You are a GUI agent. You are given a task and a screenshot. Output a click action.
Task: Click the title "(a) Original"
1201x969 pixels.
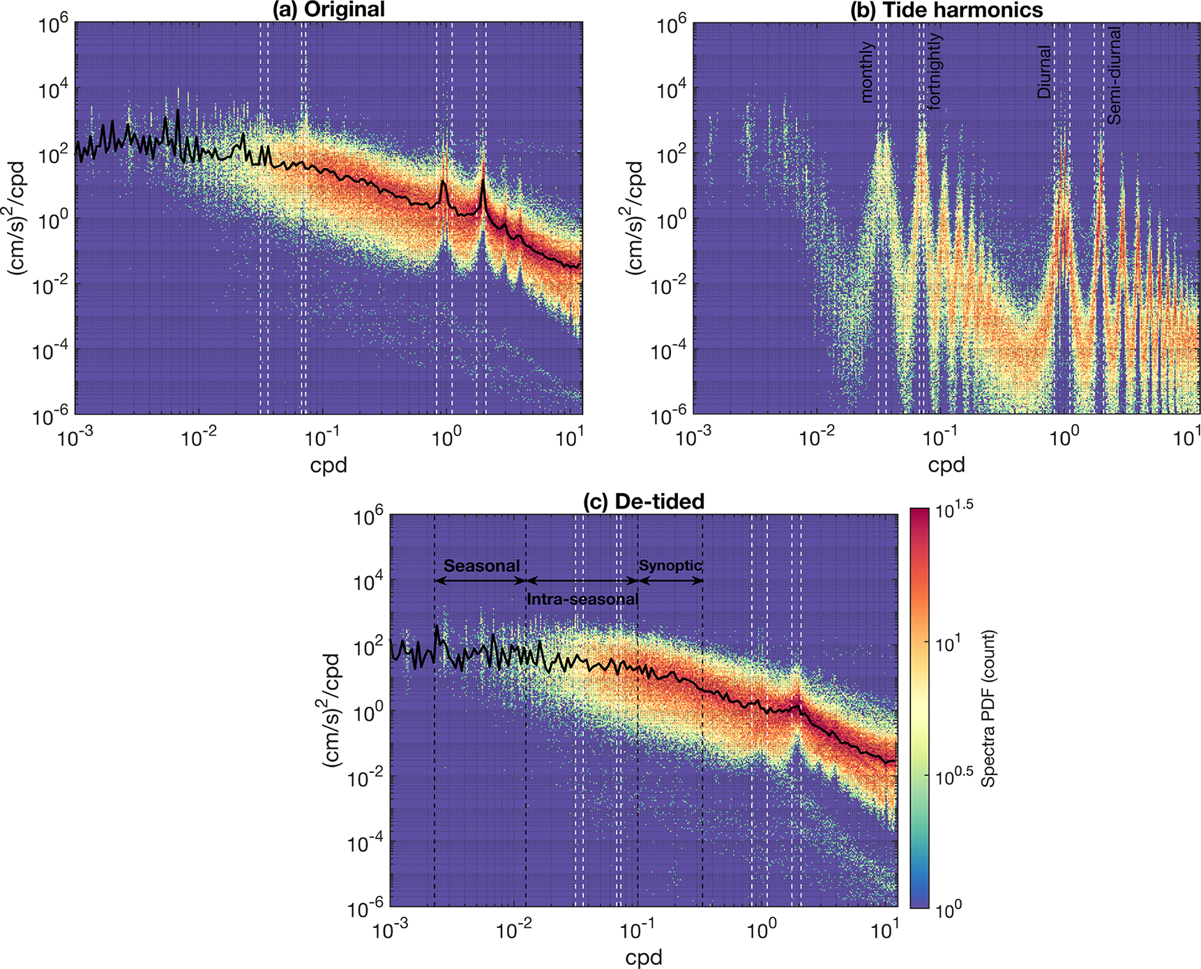[x=328, y=10]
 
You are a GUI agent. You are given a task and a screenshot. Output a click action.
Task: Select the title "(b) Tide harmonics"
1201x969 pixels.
[x=946, y=10]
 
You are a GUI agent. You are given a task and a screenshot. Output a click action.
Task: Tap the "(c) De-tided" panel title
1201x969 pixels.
[x=644, y=502]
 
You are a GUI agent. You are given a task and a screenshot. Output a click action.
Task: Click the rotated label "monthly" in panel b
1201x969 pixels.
[x=867, y=73]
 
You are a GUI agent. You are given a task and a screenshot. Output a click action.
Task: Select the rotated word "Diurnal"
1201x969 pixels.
[x=1044, y=72]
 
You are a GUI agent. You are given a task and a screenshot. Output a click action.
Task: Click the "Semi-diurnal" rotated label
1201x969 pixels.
[x=1115, y=76]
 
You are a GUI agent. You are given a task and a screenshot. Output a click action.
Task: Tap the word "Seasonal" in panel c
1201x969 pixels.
[x=481, y=566]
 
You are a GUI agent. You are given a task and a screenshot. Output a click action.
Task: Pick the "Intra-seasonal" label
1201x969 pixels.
[x=582, y=599]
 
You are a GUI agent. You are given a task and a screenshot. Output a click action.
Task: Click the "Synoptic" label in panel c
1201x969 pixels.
[x=670, y=566]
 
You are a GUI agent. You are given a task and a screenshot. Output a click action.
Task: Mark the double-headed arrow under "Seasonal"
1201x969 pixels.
[x=480, y=580]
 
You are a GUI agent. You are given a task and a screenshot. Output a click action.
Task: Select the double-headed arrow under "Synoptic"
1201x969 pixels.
[x=670, y=580]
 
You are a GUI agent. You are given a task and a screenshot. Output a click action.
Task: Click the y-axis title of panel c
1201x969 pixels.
[x=331, y=712]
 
